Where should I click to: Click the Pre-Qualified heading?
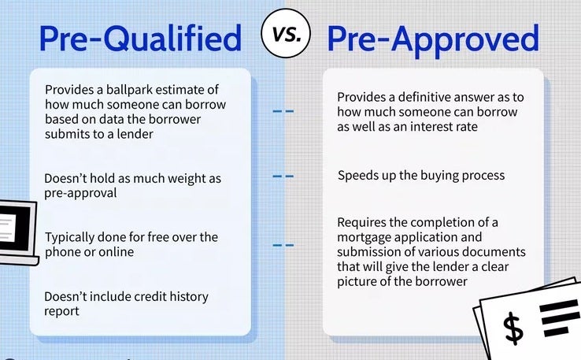[140, 38]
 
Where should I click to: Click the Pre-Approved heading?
[433, 39]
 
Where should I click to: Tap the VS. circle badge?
[286, 33]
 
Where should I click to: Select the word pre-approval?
[80, 194]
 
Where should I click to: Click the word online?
[116, 252]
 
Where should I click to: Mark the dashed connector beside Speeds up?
[283, 176]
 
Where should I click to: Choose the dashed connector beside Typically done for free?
[283, 245]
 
